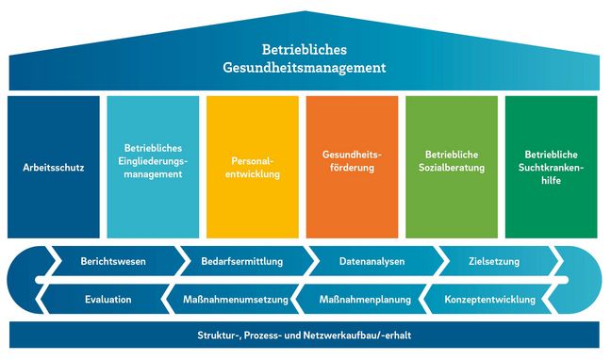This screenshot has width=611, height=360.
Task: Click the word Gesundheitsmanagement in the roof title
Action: tap(305, 69)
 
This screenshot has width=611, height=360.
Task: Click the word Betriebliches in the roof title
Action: tap(305, 49)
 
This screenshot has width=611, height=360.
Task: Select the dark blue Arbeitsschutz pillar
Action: tap(54, 167)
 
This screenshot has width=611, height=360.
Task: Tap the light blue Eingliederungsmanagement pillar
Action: tap(153, 167)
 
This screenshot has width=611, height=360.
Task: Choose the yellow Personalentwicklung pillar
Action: tap(253, 167)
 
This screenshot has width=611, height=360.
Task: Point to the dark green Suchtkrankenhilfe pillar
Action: tap(552, 167)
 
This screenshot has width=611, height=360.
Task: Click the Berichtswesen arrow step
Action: tap(113, 261)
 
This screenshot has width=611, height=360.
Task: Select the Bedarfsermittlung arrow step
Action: tap(236, 261)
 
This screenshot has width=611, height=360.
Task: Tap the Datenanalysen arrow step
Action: tap(372, 261)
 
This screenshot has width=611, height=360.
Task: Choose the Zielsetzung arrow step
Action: tap(493, 261)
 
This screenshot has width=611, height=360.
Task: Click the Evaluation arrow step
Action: tap(107, 300)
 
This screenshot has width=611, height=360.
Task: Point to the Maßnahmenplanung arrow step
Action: tap(366, 300)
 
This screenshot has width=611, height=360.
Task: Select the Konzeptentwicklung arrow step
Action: tap(489, 300)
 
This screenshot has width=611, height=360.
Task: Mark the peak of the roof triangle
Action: tap(305, 12)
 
